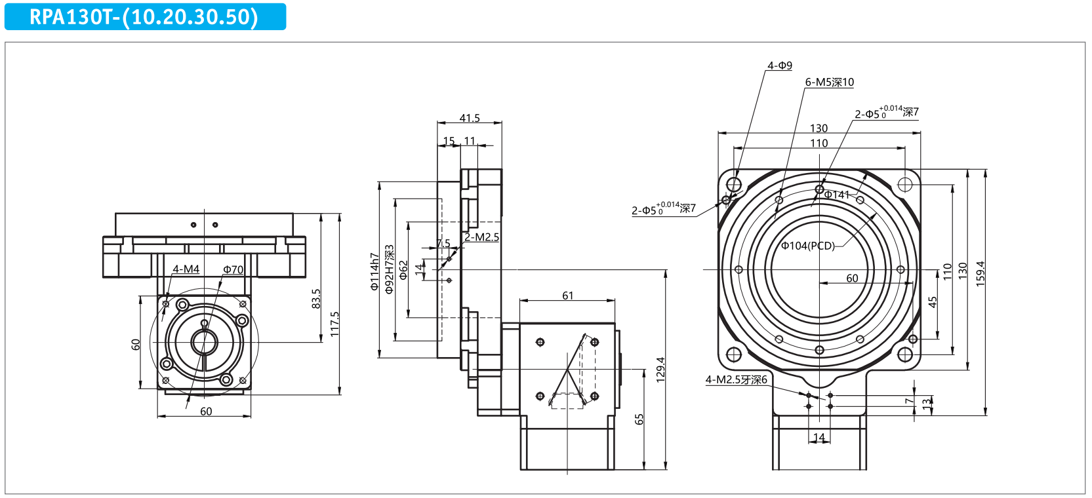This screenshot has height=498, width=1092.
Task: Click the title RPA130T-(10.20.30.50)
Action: pos(144,17)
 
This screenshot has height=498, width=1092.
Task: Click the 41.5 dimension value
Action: pos(470,118)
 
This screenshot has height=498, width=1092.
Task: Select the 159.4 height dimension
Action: pos(981,274)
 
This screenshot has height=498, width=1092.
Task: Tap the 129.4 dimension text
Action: pos(660,370)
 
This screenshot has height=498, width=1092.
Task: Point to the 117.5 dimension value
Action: pos(334,324)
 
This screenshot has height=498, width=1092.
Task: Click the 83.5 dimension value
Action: pos(316,299)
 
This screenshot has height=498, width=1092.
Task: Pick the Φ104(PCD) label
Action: pos(808,246)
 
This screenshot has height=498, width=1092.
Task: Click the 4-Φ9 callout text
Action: pos(780,66)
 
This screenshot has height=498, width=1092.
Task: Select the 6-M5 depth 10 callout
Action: pos(829,83)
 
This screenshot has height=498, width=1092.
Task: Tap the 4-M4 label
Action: pos(186,269)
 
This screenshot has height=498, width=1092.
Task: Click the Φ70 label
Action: pos(233,269)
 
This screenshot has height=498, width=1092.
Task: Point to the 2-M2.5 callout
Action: pos(481,237)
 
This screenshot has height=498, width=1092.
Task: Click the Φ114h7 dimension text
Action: pos(374,271)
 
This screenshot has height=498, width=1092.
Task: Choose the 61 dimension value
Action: pos(568,296)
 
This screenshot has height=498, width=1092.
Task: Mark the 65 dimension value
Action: pos(639,419)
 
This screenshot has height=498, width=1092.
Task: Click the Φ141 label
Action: pos(837,195)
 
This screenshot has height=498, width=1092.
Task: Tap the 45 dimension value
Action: pos(933,302)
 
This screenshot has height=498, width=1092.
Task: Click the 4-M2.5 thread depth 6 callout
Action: pos(736,379)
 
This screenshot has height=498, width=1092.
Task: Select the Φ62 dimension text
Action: pos(403,270)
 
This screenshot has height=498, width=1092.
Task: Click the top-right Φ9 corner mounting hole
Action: pos(905,184)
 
